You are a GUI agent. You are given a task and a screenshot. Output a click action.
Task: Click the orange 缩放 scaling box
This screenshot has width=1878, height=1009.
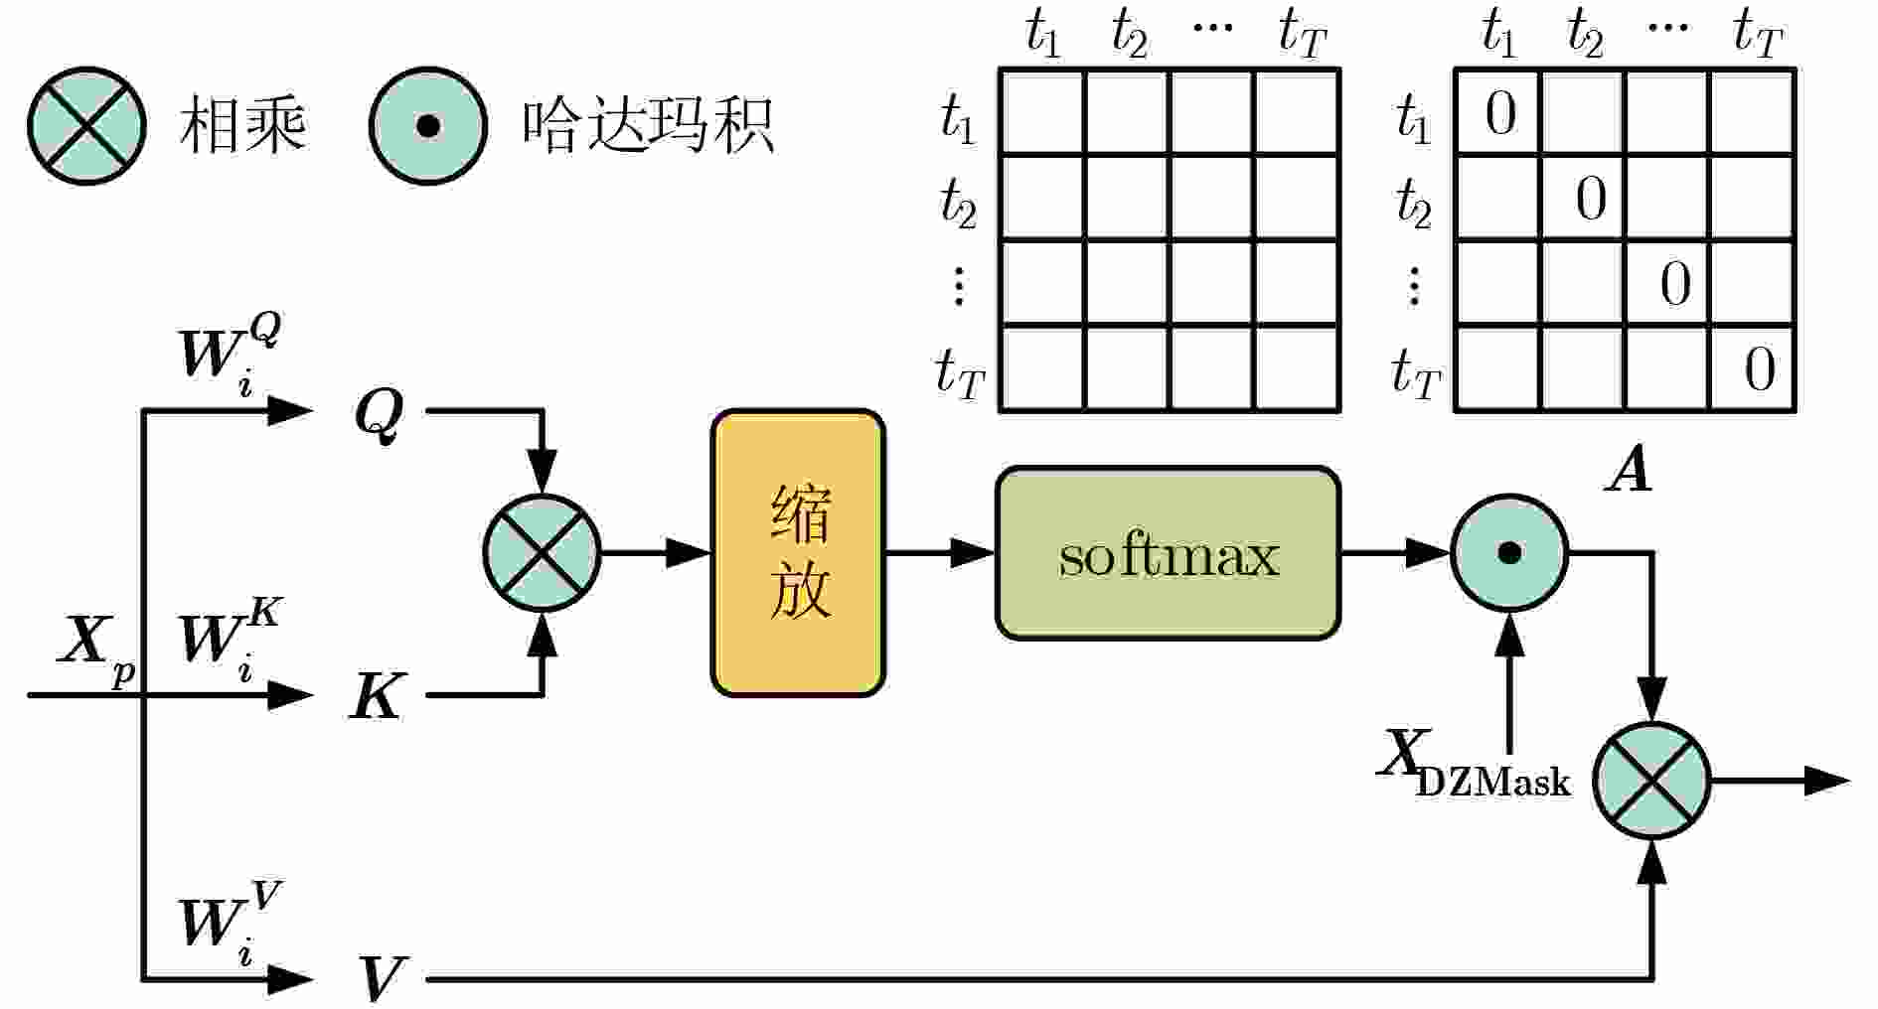(x=798, y=553)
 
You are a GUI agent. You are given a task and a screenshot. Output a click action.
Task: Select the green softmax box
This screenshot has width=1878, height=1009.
(x=1168, y=553)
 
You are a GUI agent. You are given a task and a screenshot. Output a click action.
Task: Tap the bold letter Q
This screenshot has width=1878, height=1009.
(x=380, y=413)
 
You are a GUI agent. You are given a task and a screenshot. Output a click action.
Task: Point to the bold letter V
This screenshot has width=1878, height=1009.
(x=381, y=978)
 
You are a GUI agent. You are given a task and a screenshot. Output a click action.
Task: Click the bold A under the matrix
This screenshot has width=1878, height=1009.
(x=1630, y=470)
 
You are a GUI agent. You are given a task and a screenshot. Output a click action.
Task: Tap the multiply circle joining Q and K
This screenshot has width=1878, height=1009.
(x=543, y=553)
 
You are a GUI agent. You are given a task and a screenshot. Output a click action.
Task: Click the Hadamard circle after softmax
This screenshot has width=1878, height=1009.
(x=1509, y=553)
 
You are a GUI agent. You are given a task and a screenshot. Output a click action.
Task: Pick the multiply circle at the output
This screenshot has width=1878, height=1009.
(x=1651, y=781)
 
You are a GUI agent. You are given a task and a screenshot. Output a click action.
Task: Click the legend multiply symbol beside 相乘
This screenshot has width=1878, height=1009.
(x=86, y=126)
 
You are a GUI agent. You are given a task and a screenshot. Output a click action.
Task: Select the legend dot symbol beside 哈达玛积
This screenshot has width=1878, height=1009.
(x=428, y=126)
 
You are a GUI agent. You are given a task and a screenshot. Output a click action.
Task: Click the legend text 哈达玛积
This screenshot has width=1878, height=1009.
(x=648, y=126)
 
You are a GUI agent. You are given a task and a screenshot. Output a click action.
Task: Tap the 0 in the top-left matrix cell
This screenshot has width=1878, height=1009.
(x=1499, y=113)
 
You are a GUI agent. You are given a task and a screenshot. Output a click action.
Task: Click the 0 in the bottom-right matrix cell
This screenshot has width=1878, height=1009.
(x=1759, y=370)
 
